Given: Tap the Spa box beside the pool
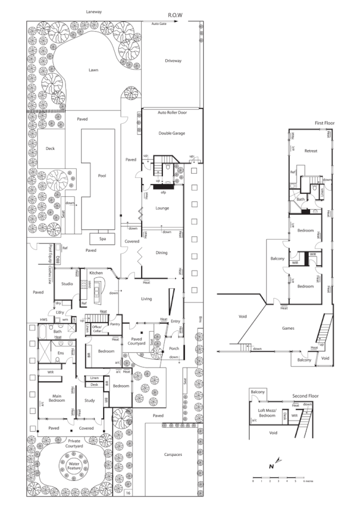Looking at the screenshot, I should coord(102,238).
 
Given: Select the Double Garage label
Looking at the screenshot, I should coord(171,132).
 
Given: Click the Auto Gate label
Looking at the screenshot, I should coord(159,24).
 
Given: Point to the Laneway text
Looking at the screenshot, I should coord(93,12).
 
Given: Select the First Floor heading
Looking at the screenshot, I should coord(325,123).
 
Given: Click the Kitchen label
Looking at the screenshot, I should coord(96,272).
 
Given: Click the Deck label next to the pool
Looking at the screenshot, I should coord(51,149).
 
